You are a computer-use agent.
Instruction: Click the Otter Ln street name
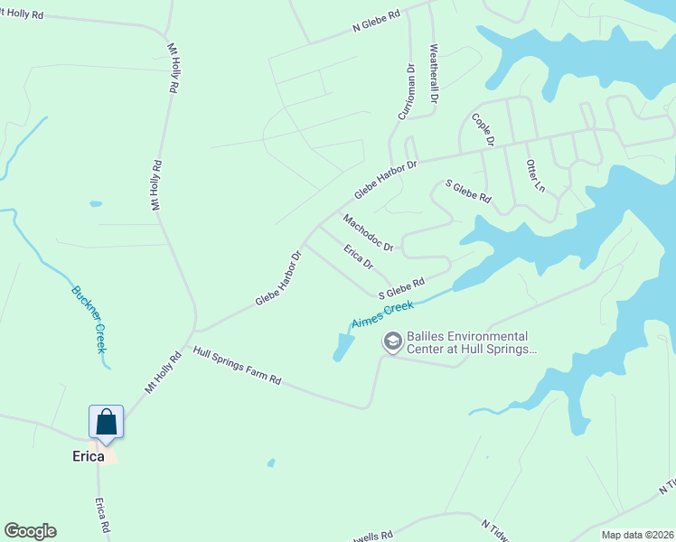535,174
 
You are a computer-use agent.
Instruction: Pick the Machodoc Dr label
368,233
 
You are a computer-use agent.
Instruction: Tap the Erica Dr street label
358,256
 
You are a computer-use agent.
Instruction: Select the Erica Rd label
104,516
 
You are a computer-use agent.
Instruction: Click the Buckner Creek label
89,319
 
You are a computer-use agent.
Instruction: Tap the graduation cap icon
392,341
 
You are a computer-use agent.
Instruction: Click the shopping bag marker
106,422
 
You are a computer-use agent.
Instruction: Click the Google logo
30,531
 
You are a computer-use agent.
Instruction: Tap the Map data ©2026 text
638,535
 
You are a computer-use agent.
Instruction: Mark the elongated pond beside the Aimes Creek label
341,347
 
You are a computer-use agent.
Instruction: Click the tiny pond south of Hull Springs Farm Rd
271,463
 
